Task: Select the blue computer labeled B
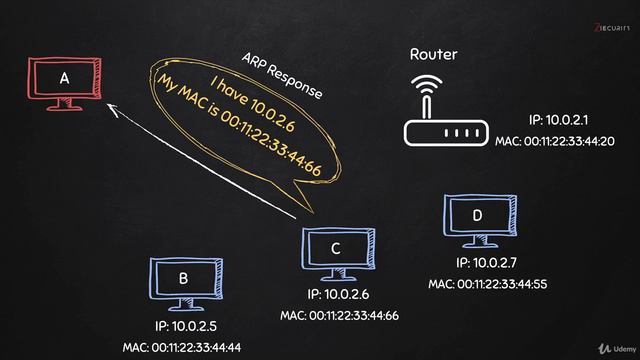tap(183, 282)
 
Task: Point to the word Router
tap(434, 54)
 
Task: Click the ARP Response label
tap(283, 75)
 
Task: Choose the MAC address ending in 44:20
tap(554, 141)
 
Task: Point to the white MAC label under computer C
tap(339, 315)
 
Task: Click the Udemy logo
tap(612, 346)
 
